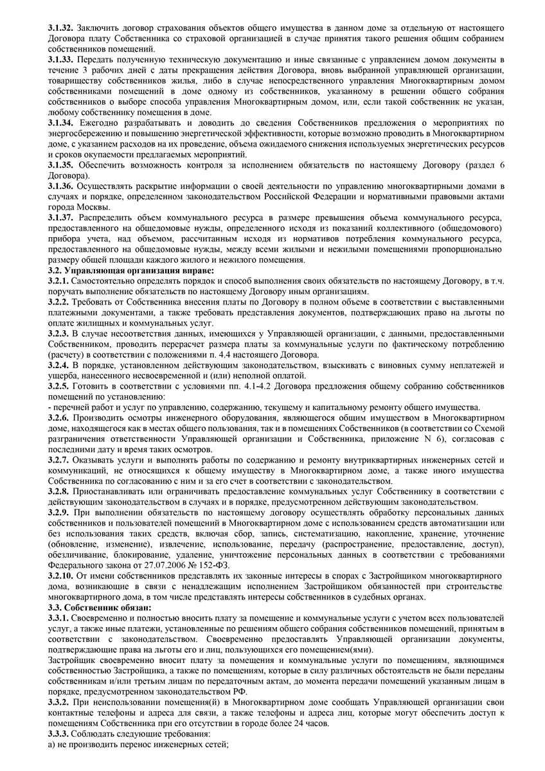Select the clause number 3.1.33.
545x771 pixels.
click(x=61, y=58)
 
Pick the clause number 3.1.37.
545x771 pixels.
click(x=61, y=218)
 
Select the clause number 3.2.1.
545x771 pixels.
click(x=58, y=281)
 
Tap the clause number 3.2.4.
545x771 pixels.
click(x=58, y=364)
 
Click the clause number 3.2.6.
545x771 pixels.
click(x=58, y=416)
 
